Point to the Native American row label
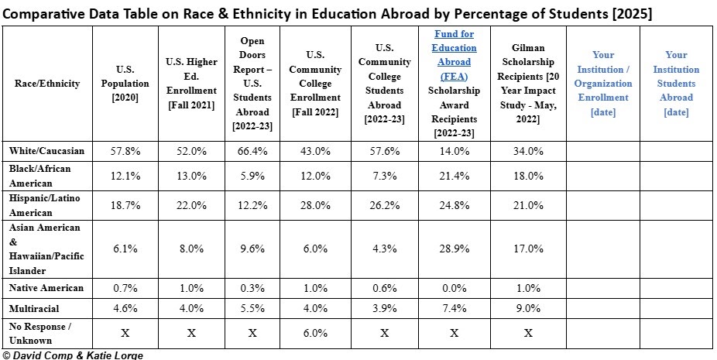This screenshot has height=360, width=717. tap(46, 288)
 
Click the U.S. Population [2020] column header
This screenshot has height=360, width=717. tap(125, 83)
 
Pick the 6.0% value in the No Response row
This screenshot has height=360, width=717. tap(315, 333)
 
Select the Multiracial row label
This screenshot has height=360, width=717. tap(35, 307)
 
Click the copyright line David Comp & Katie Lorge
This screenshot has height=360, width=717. tap(73, 355)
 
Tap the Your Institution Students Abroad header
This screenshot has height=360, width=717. tap(675, 83)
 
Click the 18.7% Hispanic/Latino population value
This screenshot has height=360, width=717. tap(125, 207)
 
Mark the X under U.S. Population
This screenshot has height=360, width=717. tap(125, 333)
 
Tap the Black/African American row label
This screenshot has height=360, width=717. tap(39, 176)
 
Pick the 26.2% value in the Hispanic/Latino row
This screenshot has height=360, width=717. tap(384, 207)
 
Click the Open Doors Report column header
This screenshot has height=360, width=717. tap(252, 83)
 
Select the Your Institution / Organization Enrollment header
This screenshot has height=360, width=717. tap(602, 83)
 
